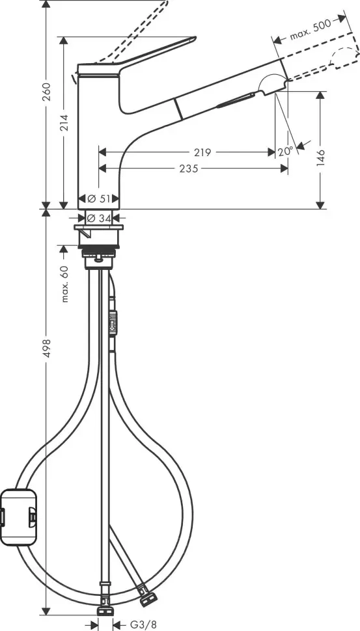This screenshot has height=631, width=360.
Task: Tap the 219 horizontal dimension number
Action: point(202,152)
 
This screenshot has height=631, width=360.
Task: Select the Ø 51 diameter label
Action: point(99,198)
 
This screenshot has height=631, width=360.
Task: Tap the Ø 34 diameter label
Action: point(99,217)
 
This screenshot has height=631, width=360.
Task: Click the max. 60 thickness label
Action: point(64,284)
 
